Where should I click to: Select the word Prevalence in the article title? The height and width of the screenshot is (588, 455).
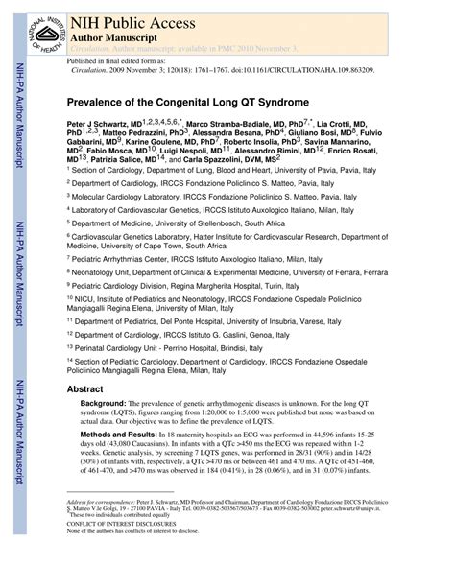coord(98,99)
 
